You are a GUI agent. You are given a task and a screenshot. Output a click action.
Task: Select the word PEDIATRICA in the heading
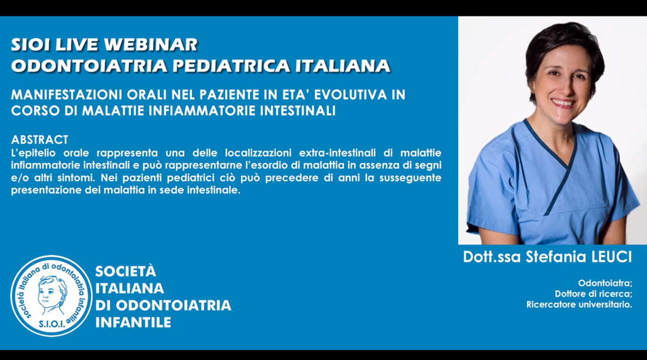tap(232, 66)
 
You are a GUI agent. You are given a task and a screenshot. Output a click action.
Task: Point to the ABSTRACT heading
tap(39, 139)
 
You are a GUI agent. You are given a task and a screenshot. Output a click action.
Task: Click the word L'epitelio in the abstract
tap(33, 153)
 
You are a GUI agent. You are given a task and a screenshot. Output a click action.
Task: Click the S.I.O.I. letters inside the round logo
tap(52, 324)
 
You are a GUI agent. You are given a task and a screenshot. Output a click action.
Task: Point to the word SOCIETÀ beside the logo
tap(126, 271)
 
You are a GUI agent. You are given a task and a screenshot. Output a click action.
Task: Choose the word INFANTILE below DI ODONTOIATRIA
tap(134, 322)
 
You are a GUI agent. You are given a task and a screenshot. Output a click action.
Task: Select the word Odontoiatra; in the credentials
tap(605, 283)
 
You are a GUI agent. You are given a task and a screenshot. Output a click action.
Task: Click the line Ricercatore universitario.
tap(579, 305)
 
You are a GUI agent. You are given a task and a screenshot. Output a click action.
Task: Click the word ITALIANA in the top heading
tap(343, 66)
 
